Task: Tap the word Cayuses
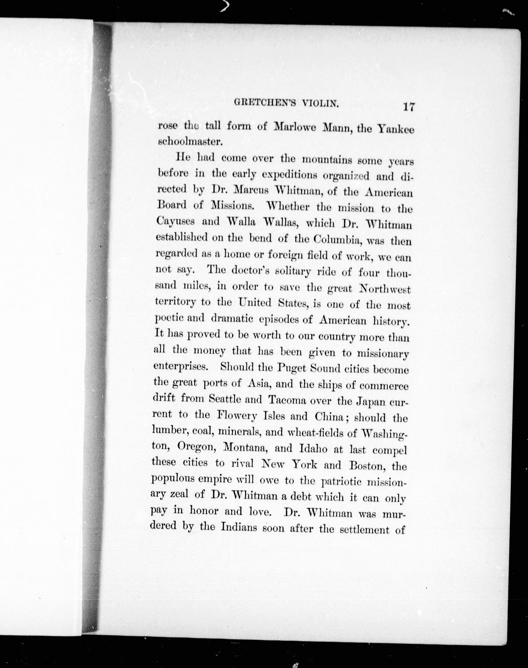175,221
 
